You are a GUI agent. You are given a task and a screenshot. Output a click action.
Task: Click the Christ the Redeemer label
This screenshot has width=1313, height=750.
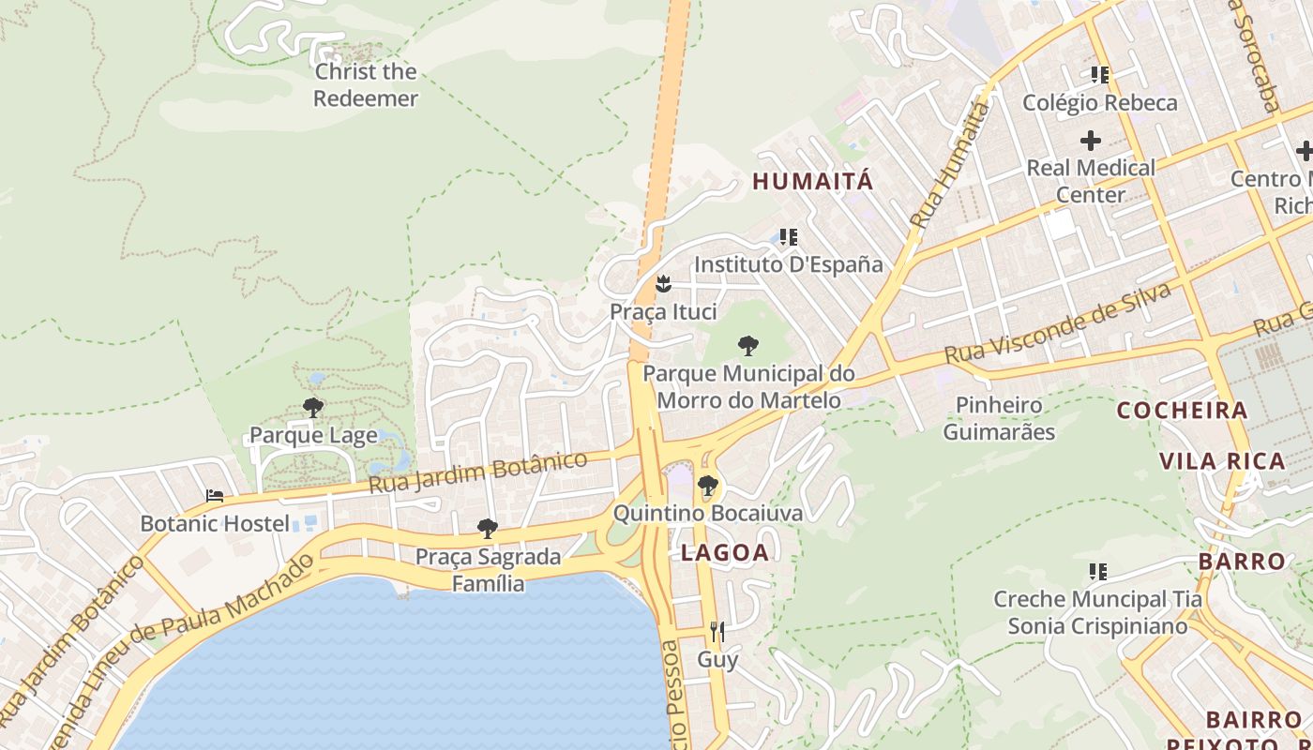tap(366, 84)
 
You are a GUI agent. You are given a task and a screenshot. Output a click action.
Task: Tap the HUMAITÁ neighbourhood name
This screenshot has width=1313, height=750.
tap(813, 182)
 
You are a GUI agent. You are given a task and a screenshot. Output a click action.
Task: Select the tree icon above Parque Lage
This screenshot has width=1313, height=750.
tap(313, 408)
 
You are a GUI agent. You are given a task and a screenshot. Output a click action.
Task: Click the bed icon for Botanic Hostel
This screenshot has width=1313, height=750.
tap(215, 496)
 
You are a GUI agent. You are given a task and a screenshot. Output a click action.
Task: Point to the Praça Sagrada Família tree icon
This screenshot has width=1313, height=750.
tap(487, 529)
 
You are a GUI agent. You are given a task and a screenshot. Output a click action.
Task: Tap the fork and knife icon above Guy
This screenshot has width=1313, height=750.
tap(717, 631)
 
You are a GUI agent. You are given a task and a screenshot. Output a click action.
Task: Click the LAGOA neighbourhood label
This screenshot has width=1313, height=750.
tap(725, 553)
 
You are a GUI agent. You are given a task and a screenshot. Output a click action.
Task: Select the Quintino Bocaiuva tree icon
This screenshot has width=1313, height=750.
tap(708, 486)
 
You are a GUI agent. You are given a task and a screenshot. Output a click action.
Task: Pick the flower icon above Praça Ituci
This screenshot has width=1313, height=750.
tap(663, 283)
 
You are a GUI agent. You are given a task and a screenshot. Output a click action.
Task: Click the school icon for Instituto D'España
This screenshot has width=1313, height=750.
tap(789, 236)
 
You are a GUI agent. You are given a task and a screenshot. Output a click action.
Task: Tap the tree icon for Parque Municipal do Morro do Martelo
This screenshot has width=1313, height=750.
tap(747, 346)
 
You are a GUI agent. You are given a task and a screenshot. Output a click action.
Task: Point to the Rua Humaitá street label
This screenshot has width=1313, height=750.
tap(949, 166)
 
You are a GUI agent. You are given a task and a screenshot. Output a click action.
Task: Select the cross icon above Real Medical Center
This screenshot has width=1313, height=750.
tap(1090, 141)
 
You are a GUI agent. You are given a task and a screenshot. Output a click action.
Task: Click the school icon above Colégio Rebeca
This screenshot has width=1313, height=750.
tap(1099, 75)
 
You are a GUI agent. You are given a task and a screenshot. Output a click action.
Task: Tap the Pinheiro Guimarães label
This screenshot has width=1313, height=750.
tap(999, 418)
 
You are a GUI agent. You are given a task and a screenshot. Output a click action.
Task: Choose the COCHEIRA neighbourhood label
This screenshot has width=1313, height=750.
tap(1183, 411)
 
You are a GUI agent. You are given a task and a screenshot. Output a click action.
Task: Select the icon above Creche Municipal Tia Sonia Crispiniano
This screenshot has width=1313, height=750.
tap(1097, 571)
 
